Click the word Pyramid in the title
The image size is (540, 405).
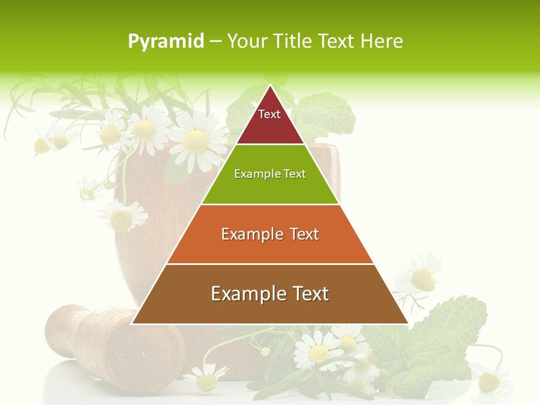click(166, 42)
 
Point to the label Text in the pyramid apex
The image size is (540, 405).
click(269, 114)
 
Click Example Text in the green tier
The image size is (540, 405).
click(270, 174)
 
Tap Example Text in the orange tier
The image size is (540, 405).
click(270, 234)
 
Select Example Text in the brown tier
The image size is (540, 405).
click(270, 294)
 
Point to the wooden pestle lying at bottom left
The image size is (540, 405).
click(112, 337)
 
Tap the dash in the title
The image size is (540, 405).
click(215, 42)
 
